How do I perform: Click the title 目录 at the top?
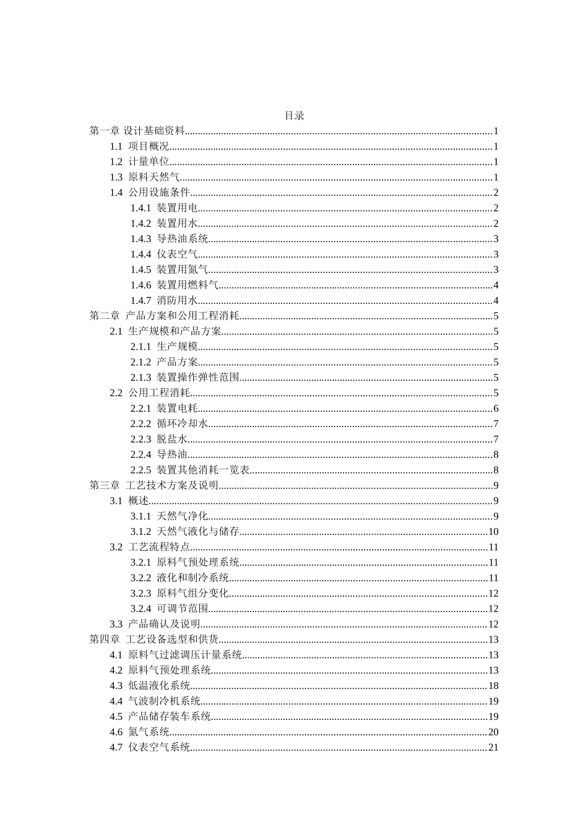(294, 116)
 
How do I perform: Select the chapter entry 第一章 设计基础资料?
(137, 131)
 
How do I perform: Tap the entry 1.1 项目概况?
(139, 147)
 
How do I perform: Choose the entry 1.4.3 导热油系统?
(169, 239)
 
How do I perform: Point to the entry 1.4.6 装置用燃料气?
(174, 285)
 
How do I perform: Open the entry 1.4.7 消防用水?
(163, 301)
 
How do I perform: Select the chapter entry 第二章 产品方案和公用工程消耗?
(164, 316)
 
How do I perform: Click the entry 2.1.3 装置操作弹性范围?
(184, 378)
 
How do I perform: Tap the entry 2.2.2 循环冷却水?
(169, 424)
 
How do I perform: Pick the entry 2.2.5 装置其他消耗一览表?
(189, 470)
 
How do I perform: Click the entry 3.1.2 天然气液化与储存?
(184, 532)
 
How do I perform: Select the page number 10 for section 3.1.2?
(493, 532)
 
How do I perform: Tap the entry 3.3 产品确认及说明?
(155, 625)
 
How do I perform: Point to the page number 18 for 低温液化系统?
(493, 686)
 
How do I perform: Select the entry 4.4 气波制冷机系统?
(155, 701)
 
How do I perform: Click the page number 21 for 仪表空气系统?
(493, 748)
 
